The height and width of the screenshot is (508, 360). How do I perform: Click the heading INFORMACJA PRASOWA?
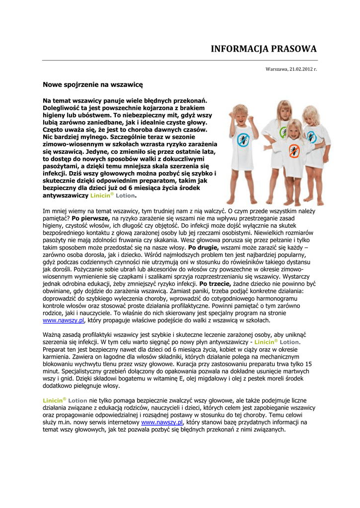(x=264, y=49)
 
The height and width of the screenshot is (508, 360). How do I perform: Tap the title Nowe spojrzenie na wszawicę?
(x=92, y=85)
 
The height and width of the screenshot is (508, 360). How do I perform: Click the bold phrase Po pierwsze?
(x=90, y=218)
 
